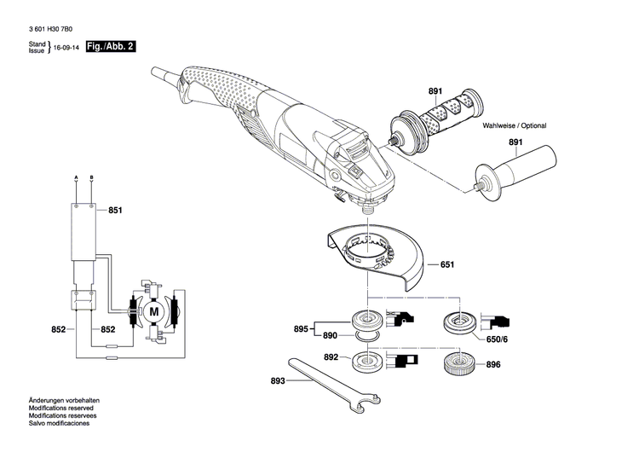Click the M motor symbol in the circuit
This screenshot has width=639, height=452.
(x=154, y=312)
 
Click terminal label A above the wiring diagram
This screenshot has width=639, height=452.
(x=76, y=177)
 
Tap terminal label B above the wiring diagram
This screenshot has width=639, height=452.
(x=91, y=177)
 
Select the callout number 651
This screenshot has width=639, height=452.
(x=446, y=265)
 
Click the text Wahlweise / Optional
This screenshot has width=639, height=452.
(x=515, y=125)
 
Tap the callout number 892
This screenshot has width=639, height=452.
(x=331, y=357)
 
